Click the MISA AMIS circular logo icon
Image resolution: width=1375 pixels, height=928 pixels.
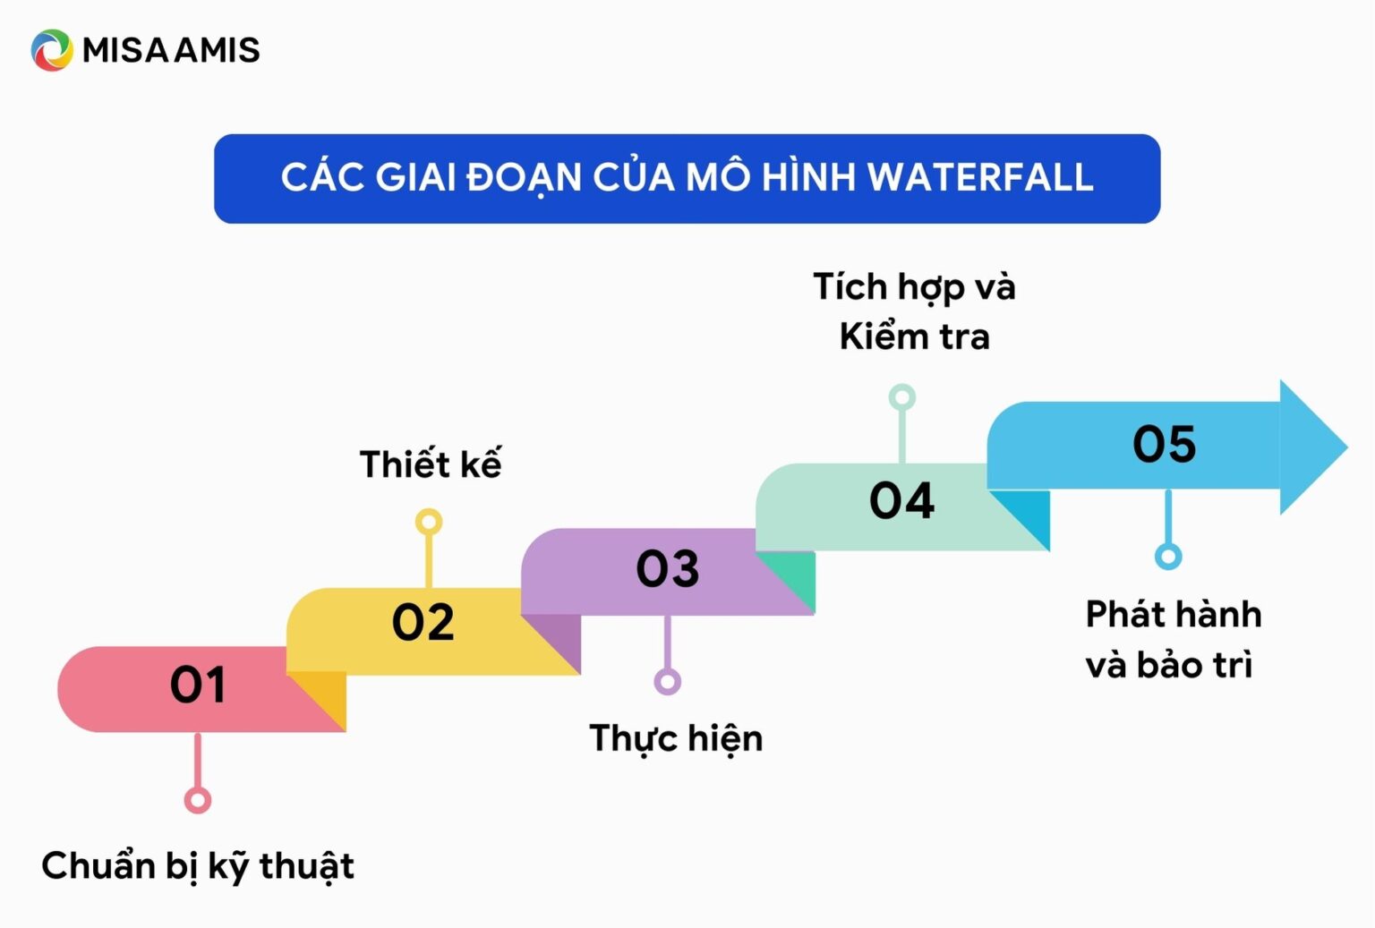(52, 50)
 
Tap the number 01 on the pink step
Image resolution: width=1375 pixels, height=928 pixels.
(198, 685)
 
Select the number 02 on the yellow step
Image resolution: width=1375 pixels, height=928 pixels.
(423, 623)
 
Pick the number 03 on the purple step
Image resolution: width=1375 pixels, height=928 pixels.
(667, 568)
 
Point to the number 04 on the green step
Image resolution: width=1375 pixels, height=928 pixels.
(901, 500)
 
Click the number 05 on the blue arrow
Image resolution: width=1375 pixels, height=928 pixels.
(1164, 444)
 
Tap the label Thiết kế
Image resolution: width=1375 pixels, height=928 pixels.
(430, 464)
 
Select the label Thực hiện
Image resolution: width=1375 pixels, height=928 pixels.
(676, 739)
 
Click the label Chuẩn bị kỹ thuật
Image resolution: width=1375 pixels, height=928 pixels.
(198, 866)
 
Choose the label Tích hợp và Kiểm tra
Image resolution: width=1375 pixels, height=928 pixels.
(914, 311)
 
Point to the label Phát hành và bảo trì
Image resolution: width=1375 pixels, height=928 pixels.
(1173, 640)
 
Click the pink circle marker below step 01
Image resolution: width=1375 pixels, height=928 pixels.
(198, 799)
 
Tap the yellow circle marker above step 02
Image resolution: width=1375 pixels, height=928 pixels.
(429, 522)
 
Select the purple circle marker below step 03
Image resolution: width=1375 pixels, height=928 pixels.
(667, 682)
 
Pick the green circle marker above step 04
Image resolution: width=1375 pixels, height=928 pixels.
(901, 397)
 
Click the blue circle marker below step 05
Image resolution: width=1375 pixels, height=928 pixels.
(1167, 557)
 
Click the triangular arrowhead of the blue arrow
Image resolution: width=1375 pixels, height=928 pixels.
(1309, 447)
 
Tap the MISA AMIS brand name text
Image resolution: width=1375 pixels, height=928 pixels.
(171, 50)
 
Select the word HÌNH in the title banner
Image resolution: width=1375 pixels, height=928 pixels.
(808, 177)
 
